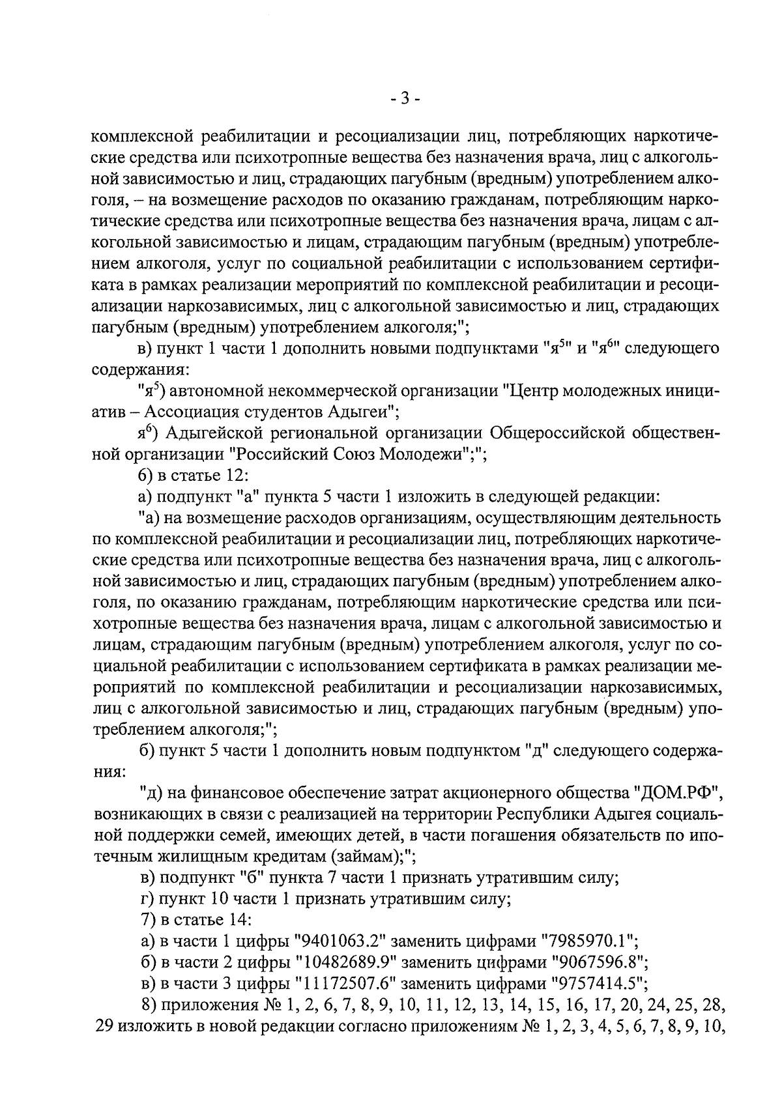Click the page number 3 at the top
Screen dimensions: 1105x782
point(404,99)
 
